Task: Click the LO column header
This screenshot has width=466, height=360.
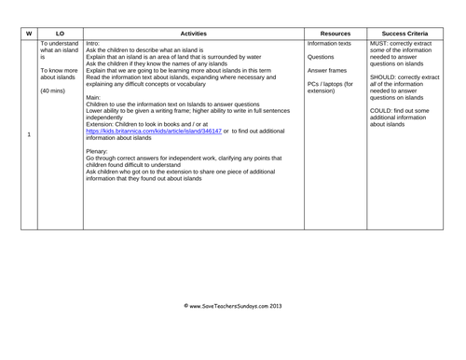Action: point(59,32)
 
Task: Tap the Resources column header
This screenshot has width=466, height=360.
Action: point(334,32)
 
